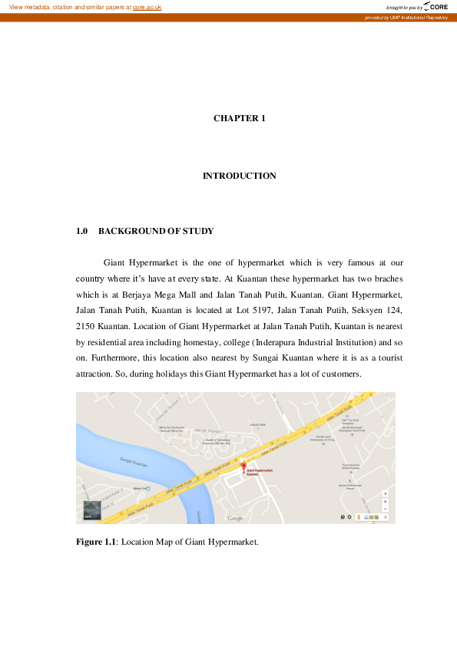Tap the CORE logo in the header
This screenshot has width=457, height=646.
click(x=435, y=7)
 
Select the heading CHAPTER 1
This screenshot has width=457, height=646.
click(x=239, y=118)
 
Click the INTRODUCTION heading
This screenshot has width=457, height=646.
click(x=239, y=176)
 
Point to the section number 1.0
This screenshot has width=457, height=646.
click(x=82, y=231)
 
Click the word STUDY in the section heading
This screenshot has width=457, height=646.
click(x=199, y=231)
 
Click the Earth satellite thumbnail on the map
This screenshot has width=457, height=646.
click(x=91, y=510)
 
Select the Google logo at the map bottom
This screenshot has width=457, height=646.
click(x=235, y=519)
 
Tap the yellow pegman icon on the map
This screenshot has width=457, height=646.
click(x=358, y=517)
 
